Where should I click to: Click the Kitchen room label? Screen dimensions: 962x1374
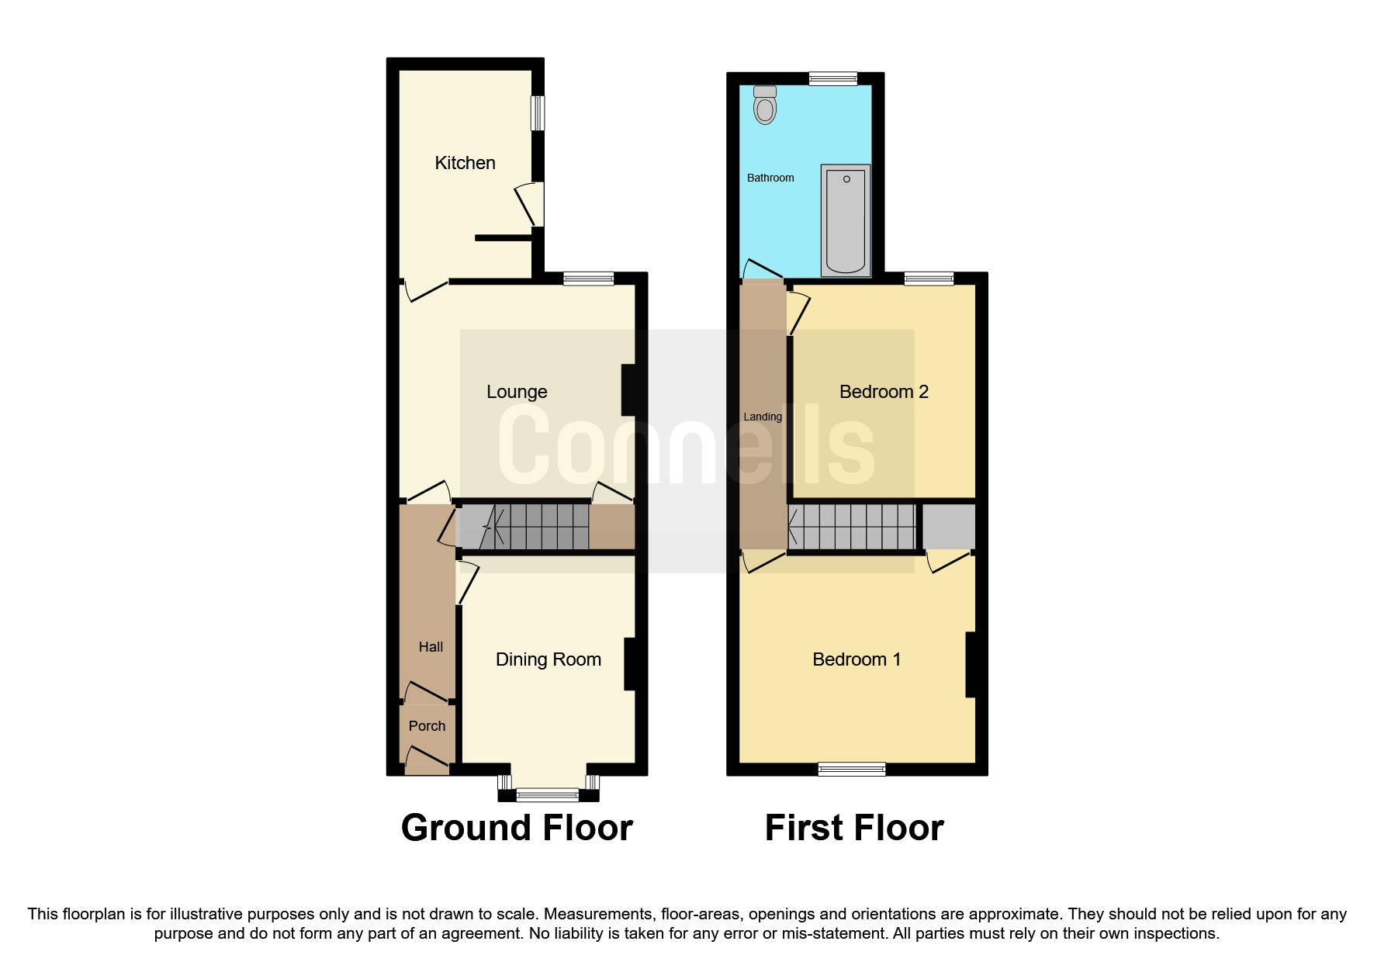[x=465, y=163]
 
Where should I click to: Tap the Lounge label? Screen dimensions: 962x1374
[x=517, y=392]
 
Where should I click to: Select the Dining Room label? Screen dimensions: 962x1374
[x=548, y=659]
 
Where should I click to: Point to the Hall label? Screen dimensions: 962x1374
[x=431, y=647]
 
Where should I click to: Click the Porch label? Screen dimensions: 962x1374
[x=427, y=726]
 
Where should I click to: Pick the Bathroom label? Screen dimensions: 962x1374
[x=770, y=178]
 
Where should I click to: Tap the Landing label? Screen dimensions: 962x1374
[x=762, y=417]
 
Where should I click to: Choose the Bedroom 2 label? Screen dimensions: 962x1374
[x=884, y=392]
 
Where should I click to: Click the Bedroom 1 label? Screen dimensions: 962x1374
[x=857, y=659]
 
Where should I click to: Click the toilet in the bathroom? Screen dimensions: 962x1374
[x=765, y=106]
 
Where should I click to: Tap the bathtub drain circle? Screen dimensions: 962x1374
[x=846, y=179]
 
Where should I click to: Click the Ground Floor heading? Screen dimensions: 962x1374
[x=517, y=828]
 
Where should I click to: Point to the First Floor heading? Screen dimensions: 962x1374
[x=854, y=828]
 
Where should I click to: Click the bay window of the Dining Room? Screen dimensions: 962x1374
[x=548, y=794]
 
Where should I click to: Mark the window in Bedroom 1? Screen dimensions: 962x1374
[x=852, y=769]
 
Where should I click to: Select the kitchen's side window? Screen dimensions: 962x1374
[x=537, y=113]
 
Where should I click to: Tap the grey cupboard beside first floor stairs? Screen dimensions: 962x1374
[x=948, y=527]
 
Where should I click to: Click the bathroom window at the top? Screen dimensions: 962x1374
[x=832, y=78]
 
